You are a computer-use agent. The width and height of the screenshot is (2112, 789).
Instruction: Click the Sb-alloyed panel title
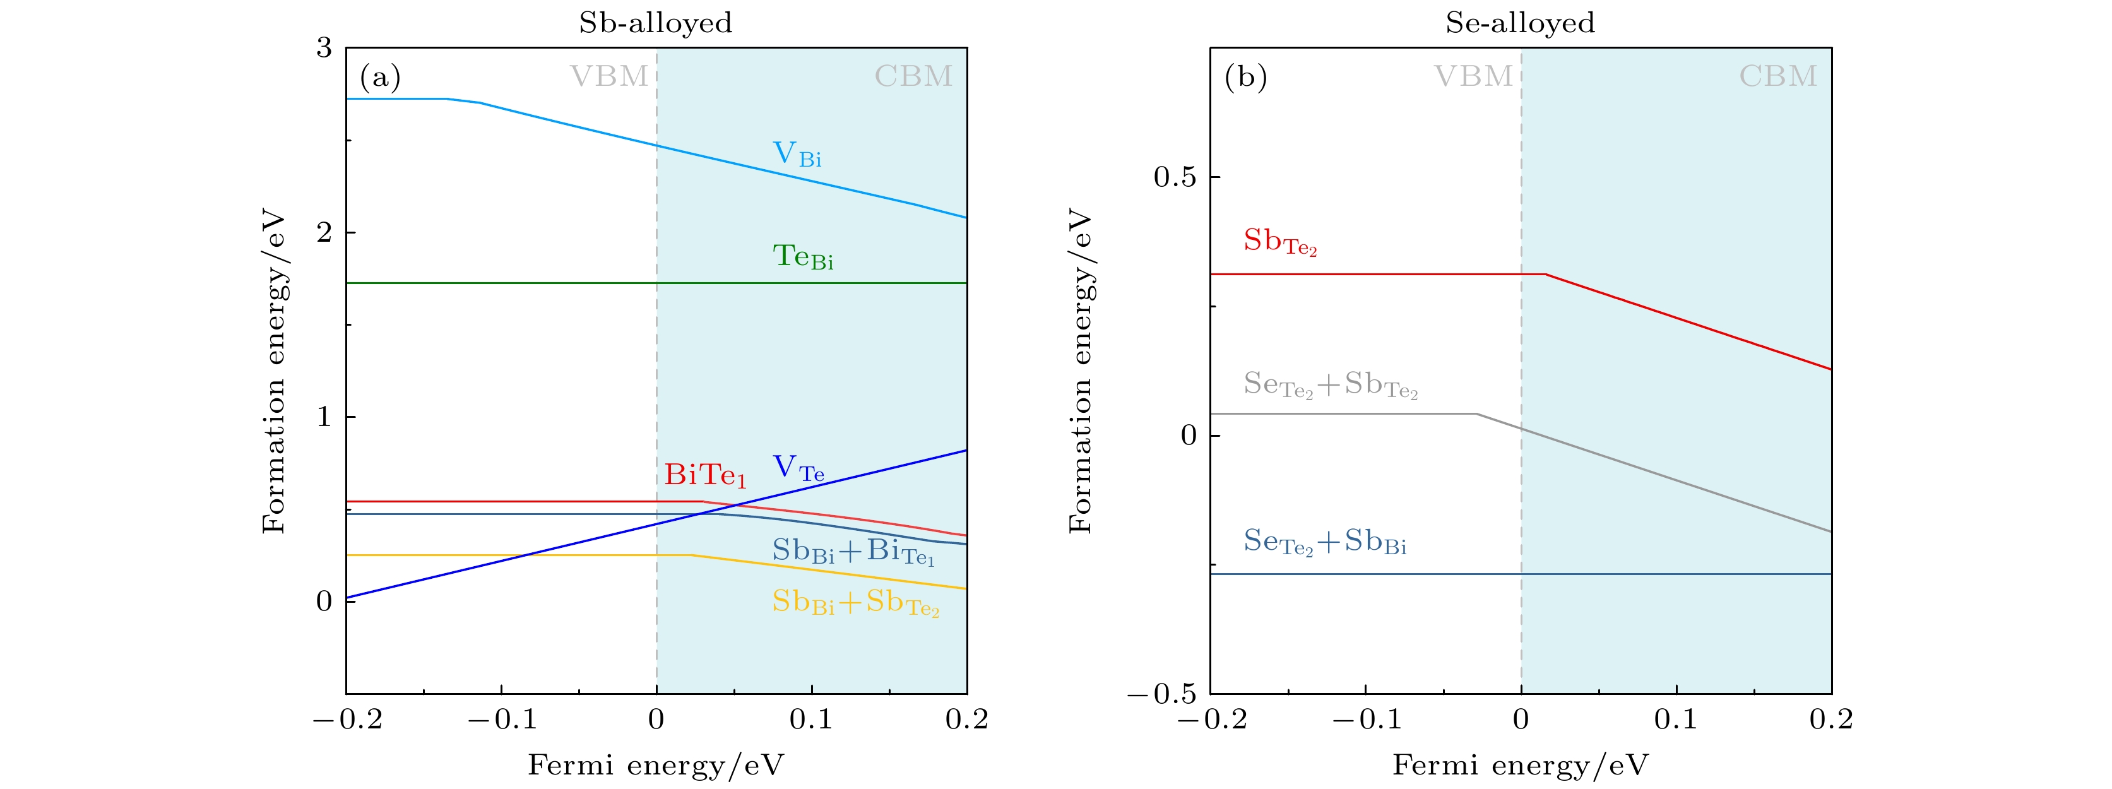point(655,22)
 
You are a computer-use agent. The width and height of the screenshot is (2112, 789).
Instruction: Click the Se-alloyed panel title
point(1520,22)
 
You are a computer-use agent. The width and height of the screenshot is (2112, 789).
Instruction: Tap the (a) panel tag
point(379,77)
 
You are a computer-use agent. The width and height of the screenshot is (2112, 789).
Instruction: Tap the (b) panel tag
point(1245,77)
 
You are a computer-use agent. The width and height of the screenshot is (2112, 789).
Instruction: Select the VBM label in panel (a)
point(609,76)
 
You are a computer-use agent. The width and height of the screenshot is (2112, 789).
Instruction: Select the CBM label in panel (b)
point(1777,76)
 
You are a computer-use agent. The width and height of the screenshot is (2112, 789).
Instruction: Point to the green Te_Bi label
point(803,257)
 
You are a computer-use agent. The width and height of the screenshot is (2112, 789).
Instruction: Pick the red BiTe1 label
point(705,475)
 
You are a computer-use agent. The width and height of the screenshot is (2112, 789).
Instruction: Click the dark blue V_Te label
point(798,468)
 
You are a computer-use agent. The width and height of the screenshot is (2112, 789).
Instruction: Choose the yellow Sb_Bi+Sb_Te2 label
point(855,603)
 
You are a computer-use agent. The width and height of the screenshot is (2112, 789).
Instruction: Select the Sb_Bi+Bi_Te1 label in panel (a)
point(853,551)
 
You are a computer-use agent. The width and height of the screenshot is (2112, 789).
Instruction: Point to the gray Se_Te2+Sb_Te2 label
point(1330,384)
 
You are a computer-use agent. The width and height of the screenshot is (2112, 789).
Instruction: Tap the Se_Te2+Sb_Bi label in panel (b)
point(1325,542)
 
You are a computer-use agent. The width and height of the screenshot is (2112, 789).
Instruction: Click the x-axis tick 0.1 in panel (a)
point(811,720)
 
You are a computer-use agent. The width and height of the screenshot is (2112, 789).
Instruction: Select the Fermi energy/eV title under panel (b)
point(1520,765)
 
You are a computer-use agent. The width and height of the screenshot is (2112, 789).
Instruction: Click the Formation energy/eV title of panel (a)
point(274,373)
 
